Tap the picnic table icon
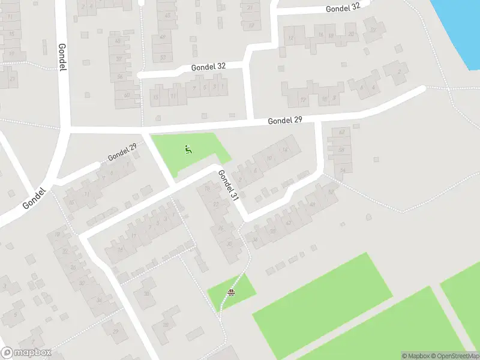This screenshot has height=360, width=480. (x=231, y=293)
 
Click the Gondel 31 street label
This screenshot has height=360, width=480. (x=229, y=185)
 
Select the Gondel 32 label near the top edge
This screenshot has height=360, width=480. (x=343, y=8)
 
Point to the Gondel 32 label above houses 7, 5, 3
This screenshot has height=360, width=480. (x=208, y=67)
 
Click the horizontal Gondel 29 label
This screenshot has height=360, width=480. (x=284, y=121)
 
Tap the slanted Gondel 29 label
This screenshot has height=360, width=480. (x=122, y=152)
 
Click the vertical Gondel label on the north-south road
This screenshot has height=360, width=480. (x=62, y=57)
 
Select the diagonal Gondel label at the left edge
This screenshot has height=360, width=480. (x=34, y=198)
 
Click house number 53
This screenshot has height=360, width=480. (x=163, y=57)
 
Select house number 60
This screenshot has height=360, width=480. (x=127, y=95)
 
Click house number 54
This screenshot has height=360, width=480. (x=343, y=170)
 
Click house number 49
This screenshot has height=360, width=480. (x=163, y=37)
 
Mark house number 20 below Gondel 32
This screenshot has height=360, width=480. (x=351, y=34)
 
